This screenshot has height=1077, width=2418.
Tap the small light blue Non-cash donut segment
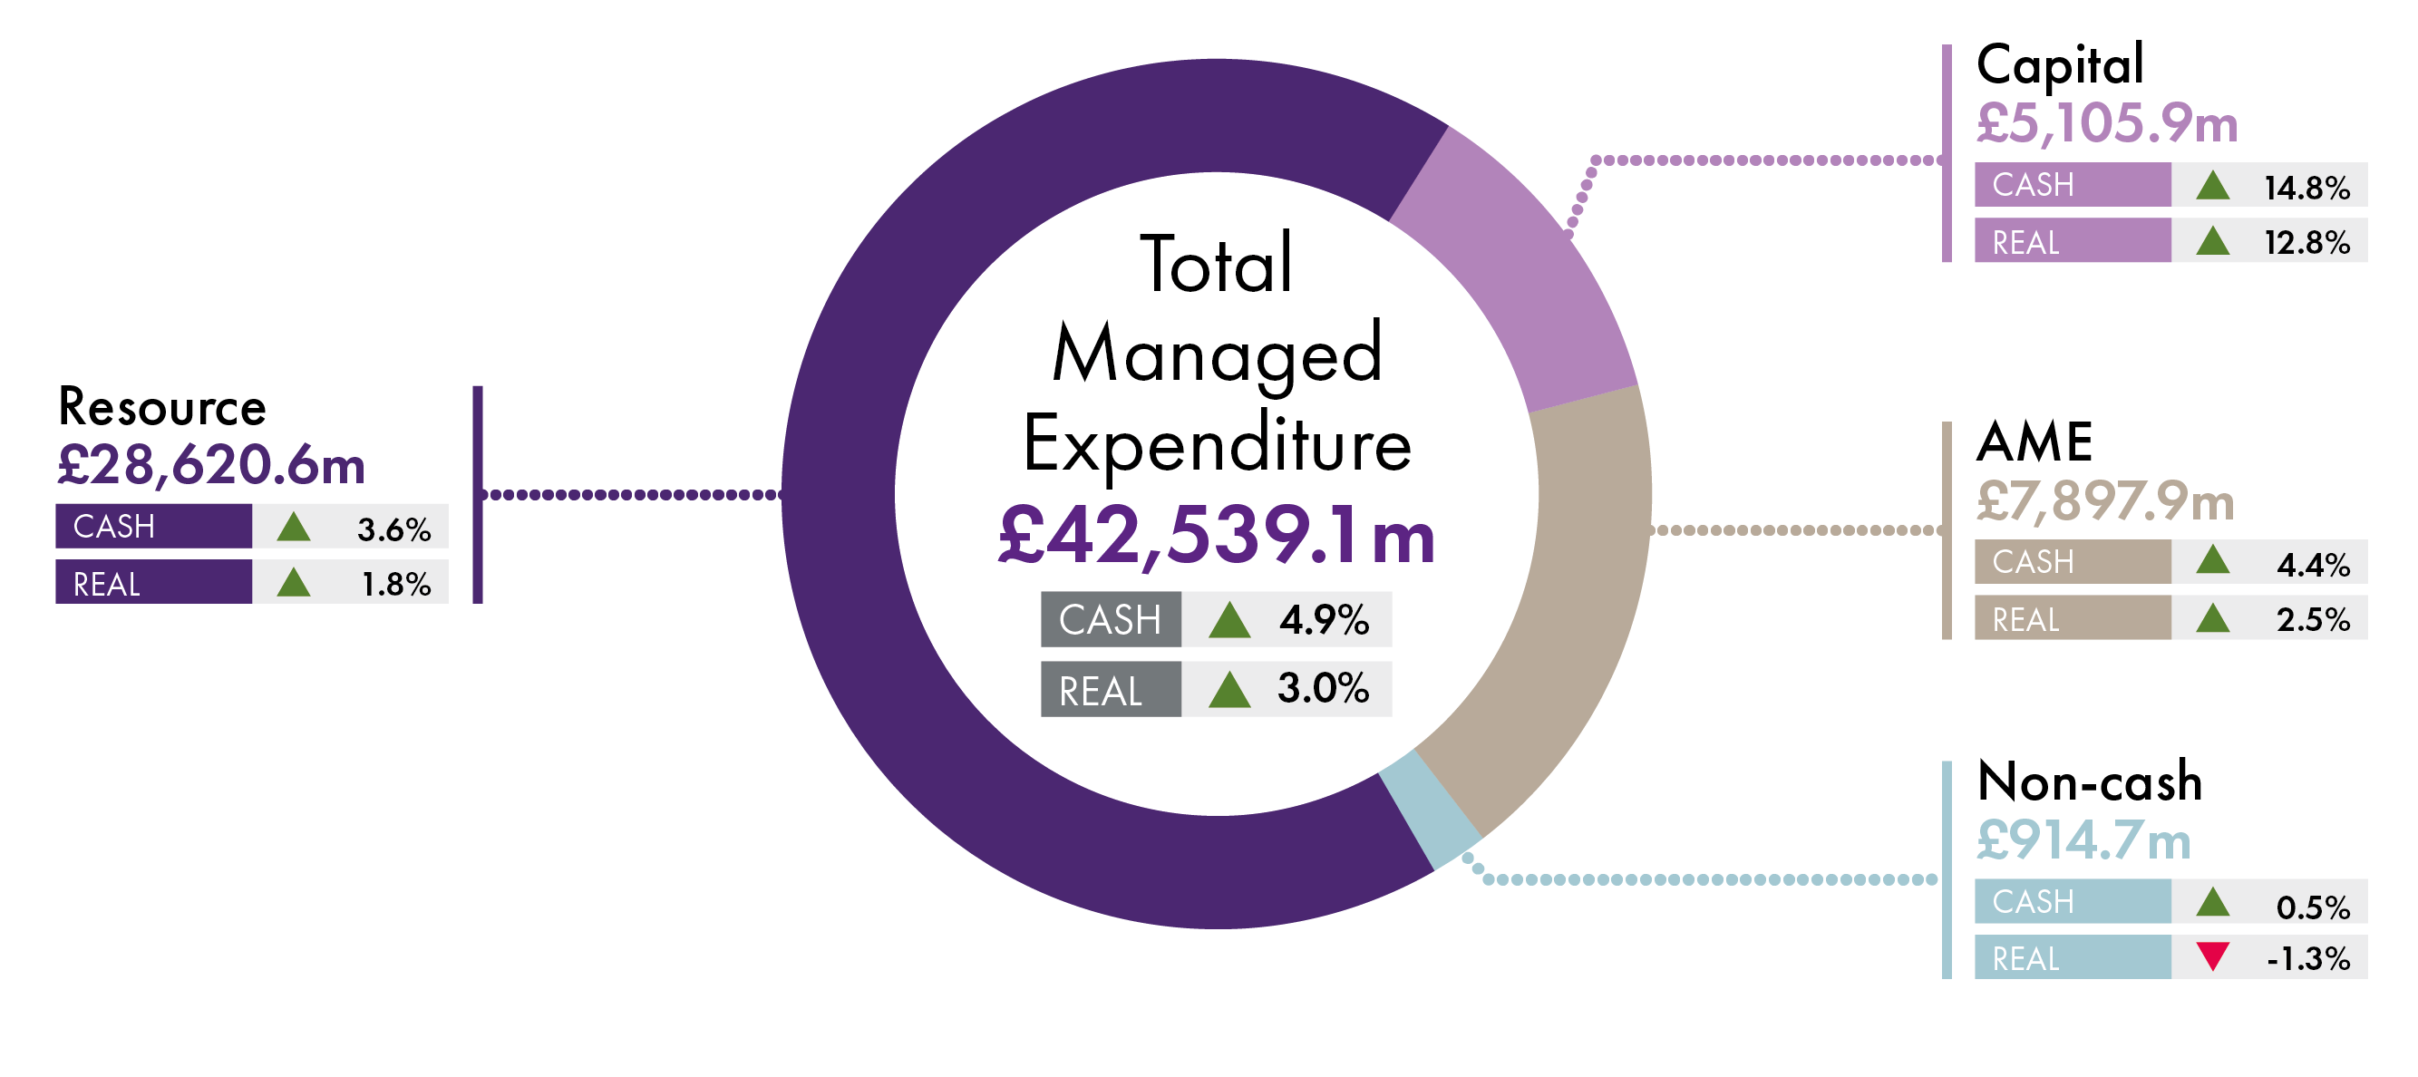coord(1430,810)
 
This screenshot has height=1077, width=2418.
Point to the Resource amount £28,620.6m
coord(211,465)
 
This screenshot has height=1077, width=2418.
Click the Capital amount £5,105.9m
coord(2106,123)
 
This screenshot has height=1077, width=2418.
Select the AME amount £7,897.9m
coord(2104,500)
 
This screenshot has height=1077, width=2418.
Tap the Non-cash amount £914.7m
coord(2083,840)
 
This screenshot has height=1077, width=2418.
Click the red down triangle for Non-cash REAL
coord(2211,956)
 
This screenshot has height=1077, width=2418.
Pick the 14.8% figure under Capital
coord(2306,187)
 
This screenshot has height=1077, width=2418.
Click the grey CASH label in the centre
coord(1110,620)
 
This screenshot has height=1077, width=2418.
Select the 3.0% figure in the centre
coord(1323,688)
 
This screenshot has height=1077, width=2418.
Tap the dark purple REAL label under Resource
coord(107,584)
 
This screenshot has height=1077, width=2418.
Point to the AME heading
coord(2034,441)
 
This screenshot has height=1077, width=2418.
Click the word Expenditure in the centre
coord(1217,443)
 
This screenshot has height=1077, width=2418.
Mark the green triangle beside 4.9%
coord(1228,621)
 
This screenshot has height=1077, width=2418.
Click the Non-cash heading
coord(2089,781)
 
